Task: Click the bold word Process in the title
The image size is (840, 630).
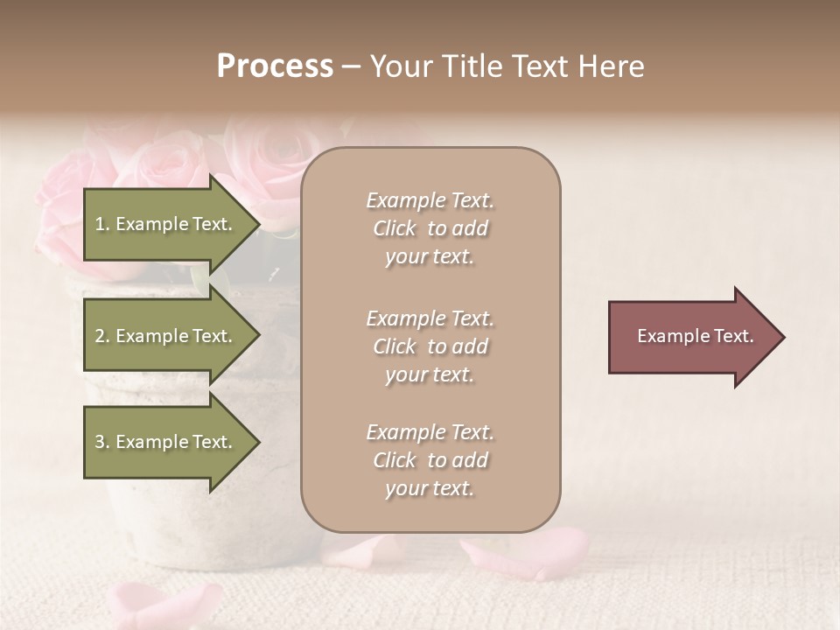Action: click(275, 66)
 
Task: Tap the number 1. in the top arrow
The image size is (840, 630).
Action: click(101, 224)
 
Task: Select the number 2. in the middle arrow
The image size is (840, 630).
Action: click(101, 336)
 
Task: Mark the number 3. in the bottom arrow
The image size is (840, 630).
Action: click(101, 442)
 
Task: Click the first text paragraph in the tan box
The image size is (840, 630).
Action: click(430, 228)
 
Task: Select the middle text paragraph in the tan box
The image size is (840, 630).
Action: click(430, 346)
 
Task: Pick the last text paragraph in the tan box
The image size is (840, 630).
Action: click(430, 460)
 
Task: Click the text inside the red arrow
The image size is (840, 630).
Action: click(695, 336)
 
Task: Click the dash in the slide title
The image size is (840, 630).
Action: click(351, 67)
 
